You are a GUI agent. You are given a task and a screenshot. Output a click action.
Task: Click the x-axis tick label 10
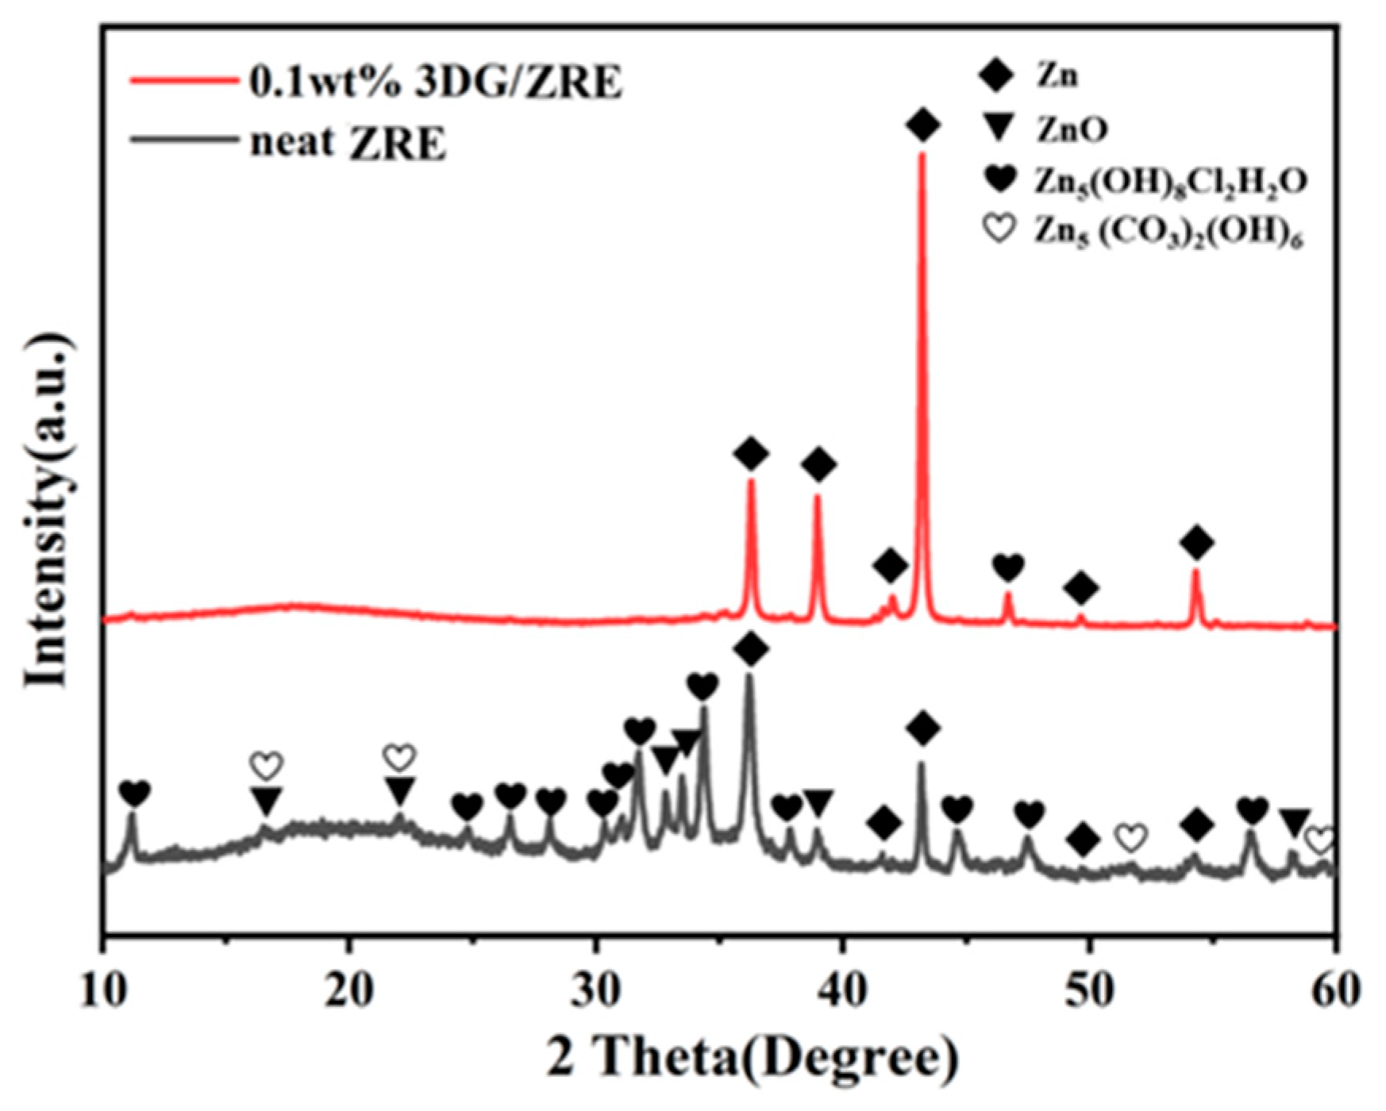click(x=103, y=992)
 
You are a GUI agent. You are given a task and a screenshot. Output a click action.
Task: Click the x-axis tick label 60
click(x=1334, y=992)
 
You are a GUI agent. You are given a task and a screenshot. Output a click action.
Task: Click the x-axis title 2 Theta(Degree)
click(x=752, y=1058)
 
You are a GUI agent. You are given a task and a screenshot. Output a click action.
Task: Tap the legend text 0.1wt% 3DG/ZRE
click(x=436, y=82)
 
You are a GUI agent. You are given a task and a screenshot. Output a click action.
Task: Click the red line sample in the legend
click(x=183, y=81)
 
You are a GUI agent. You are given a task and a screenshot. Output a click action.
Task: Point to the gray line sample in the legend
click(x=183, y=140)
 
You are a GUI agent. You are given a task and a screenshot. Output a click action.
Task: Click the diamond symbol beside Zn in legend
click(x=996, y=76)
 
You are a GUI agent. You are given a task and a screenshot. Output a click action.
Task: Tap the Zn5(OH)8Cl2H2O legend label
click(x=1169, y=182)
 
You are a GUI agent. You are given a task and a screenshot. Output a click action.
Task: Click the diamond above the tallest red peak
click(x=922, y=125)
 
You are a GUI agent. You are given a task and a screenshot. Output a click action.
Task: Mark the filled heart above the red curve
click(x=1008, y=567)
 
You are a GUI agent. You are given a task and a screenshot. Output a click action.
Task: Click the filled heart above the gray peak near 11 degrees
click(x=134, y=792)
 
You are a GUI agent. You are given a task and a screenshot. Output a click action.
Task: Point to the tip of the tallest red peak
click(x=922, y=156)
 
